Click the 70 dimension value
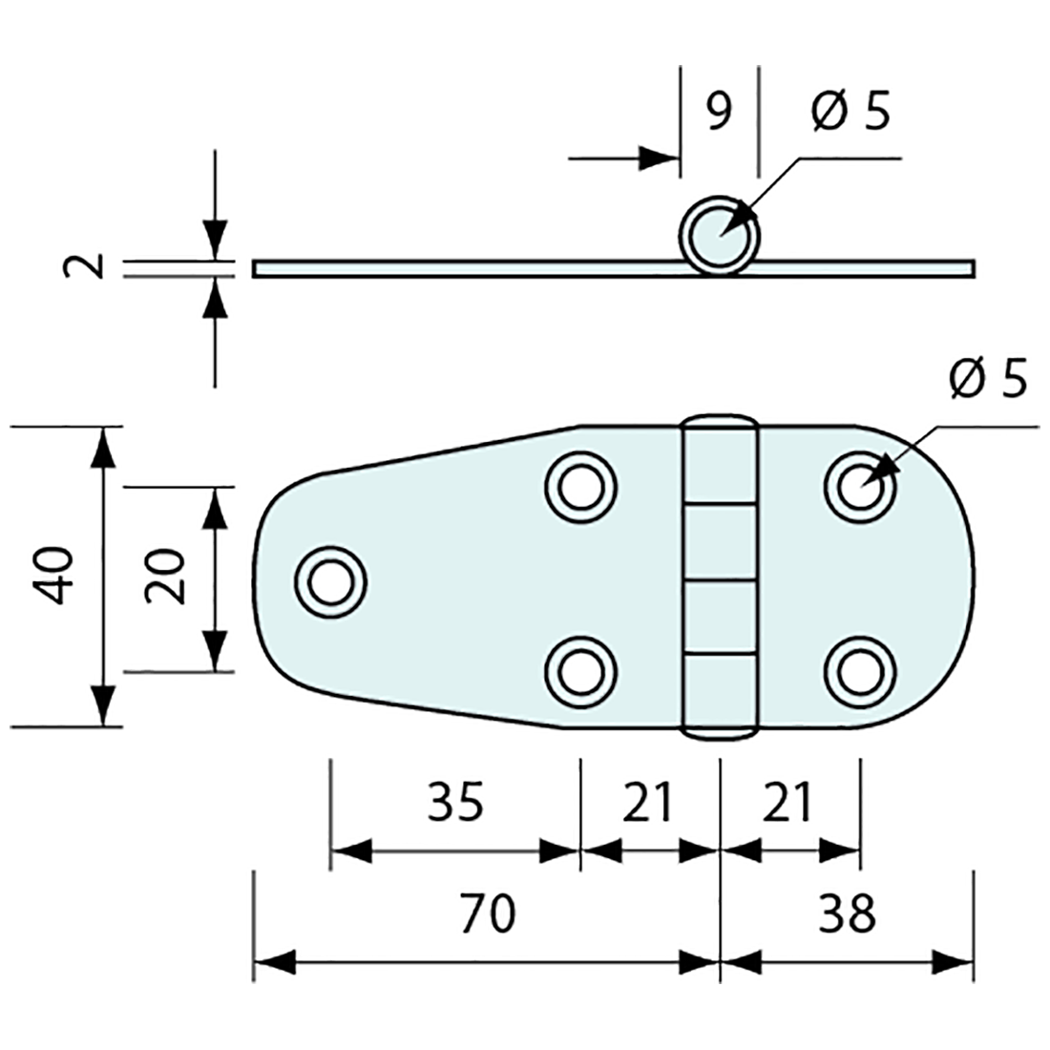point(488,913)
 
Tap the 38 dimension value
point(847,913)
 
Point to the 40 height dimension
point(53,576)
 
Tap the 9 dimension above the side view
point(719,112)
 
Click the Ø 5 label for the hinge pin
point(850,112)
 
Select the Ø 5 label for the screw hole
point(988,380)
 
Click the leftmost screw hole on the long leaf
point(331,582)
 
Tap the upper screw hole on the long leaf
point(579,488)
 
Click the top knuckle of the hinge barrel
point(720,464)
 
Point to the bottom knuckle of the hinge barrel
point(720,693)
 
